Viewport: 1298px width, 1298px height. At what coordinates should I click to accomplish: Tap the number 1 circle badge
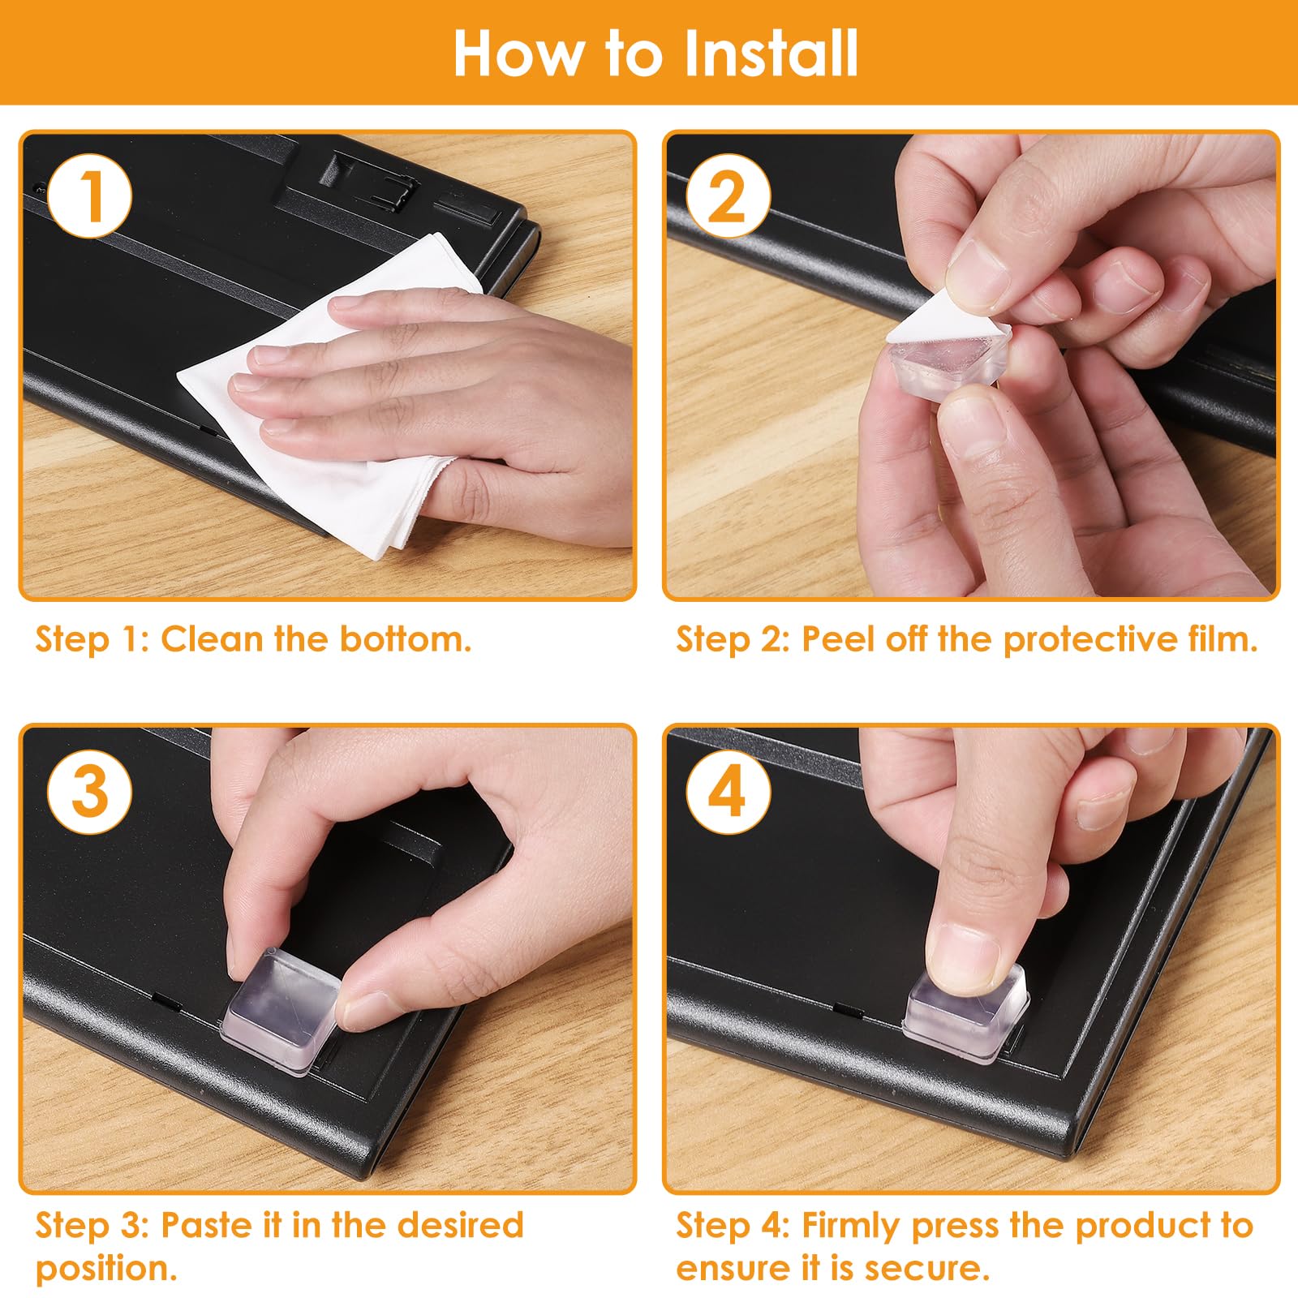click(89, 196)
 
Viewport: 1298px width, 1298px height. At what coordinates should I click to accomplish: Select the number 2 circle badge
click(728, 196)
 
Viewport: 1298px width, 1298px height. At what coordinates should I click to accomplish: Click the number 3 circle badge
click(89, 791)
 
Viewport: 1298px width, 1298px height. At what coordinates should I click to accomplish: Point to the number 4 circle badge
click(728, 791)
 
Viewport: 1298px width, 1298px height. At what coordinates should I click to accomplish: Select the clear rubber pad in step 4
click(965, 1014)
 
